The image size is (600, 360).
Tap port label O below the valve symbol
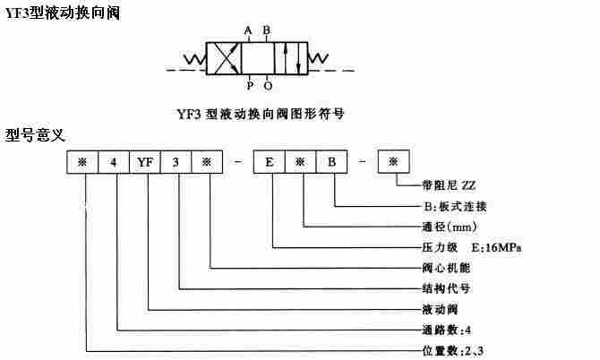pos(267,86)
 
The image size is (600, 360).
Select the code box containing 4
pos(113,163)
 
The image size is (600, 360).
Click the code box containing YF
pos(145,163)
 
